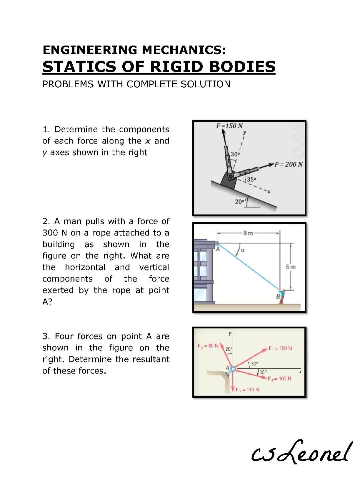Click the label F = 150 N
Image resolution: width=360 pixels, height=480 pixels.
click(229, 126)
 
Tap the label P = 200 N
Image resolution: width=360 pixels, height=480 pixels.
click(288, 164)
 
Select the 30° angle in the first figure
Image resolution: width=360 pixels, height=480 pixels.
click(235, 154)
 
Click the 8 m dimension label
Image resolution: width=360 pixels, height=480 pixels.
click(248, 233)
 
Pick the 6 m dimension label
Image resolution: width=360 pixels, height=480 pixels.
click(291, 267)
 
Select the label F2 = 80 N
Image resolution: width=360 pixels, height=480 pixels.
click(208, 346)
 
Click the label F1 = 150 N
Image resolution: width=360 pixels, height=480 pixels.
click(280, 348)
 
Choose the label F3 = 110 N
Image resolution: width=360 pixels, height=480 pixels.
click(247, 390)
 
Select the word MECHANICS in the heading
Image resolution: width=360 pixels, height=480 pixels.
click(184, 50)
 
